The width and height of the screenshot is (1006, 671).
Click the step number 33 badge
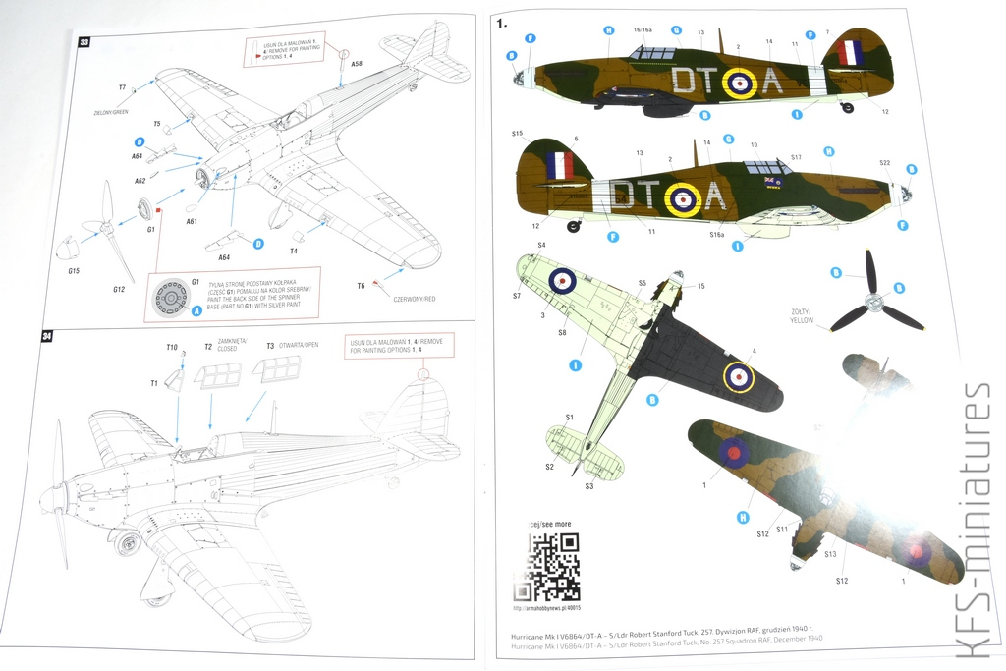[84, 42]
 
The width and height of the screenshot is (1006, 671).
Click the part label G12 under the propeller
[119, 289]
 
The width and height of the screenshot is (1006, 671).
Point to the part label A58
[356, 64]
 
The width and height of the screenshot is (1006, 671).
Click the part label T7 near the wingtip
[123, 87]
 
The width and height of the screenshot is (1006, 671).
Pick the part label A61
[192, 222]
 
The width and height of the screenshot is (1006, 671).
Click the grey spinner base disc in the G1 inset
[171, 296]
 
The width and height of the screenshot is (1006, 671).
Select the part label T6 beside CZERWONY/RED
[361, 285]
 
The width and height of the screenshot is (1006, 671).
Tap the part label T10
[171, 348]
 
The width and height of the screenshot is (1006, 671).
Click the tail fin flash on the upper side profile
[850, 53]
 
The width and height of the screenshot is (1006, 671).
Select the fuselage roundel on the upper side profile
[739, 84]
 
